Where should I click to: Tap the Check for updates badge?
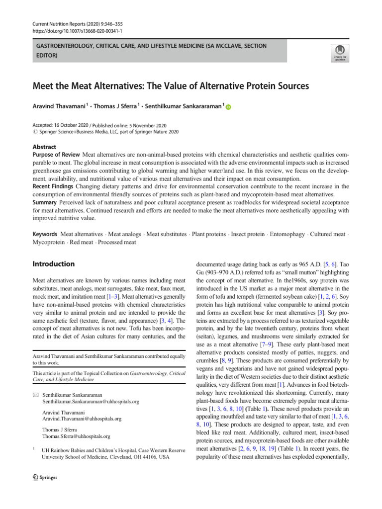point(340,52)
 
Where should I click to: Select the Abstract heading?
point(44,147)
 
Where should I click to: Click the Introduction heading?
point(54,264)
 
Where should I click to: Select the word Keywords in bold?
point(45,234)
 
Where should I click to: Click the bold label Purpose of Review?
point(56,155)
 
